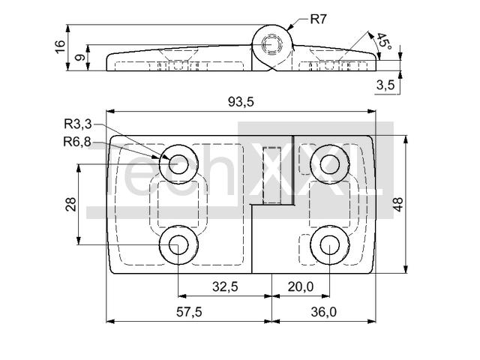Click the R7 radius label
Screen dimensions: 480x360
pos(319,19)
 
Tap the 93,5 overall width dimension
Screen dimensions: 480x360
pos(241,102)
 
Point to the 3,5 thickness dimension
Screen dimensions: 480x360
pos(385,85)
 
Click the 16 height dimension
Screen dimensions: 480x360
pos(60,46)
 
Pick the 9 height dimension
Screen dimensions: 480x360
pos(79,57)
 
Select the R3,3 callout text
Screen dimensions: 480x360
pos(78,124)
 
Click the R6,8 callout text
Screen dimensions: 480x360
pos(77,142)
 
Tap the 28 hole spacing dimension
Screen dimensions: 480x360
pos(70,204)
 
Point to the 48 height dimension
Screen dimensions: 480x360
pos(398,204)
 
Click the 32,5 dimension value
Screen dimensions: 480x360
pos(225,286)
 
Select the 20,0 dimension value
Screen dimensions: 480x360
pos(301,286)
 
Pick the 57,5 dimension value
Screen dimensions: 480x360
pos(189,312)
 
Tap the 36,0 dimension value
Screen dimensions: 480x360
pos(323,312)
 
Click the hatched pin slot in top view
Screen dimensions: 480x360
pos(271,175)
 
